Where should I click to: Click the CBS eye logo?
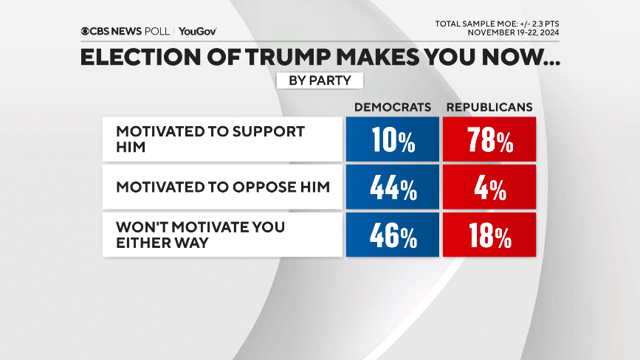(86, 31)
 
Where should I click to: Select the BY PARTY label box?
(320, 80)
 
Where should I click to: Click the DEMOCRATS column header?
(392, 107)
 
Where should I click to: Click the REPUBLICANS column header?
(489, 107)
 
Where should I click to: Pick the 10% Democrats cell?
(392, 139)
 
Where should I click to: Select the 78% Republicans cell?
(489, 139)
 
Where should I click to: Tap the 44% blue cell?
(392, 188)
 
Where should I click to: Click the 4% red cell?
(489, 188)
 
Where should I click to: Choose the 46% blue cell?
(392, 236)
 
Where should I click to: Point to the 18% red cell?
(489, 236)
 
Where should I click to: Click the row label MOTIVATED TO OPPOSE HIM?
(222, 187)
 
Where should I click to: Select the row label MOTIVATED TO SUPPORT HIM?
(210, 139)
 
